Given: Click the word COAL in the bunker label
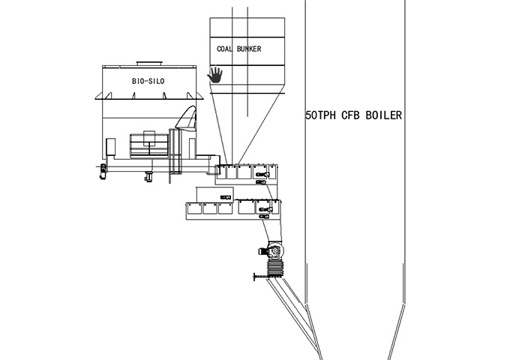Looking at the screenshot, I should point(224,49).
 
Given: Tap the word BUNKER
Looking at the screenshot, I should point(250,49).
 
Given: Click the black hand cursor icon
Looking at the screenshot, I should point(215,73).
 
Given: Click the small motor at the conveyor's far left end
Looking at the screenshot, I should point(103,172).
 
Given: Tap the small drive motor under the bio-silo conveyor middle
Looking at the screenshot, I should point(149,177).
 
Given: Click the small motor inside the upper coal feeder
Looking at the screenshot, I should point(262,173).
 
